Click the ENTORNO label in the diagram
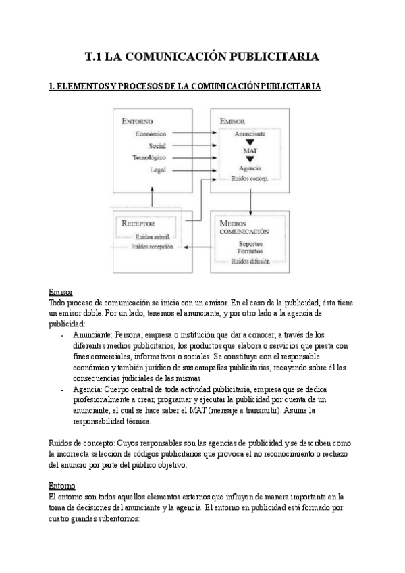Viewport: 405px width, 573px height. (x=138, y=122)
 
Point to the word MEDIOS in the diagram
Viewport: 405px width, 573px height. (x=232, y=222)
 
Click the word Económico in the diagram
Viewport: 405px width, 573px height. (x=150, y=134)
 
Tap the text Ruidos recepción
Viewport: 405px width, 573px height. (x=153, y=247)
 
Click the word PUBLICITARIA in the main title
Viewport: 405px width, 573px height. (x=271, y=57)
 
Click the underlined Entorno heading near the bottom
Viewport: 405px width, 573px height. (x=62, y=486)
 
